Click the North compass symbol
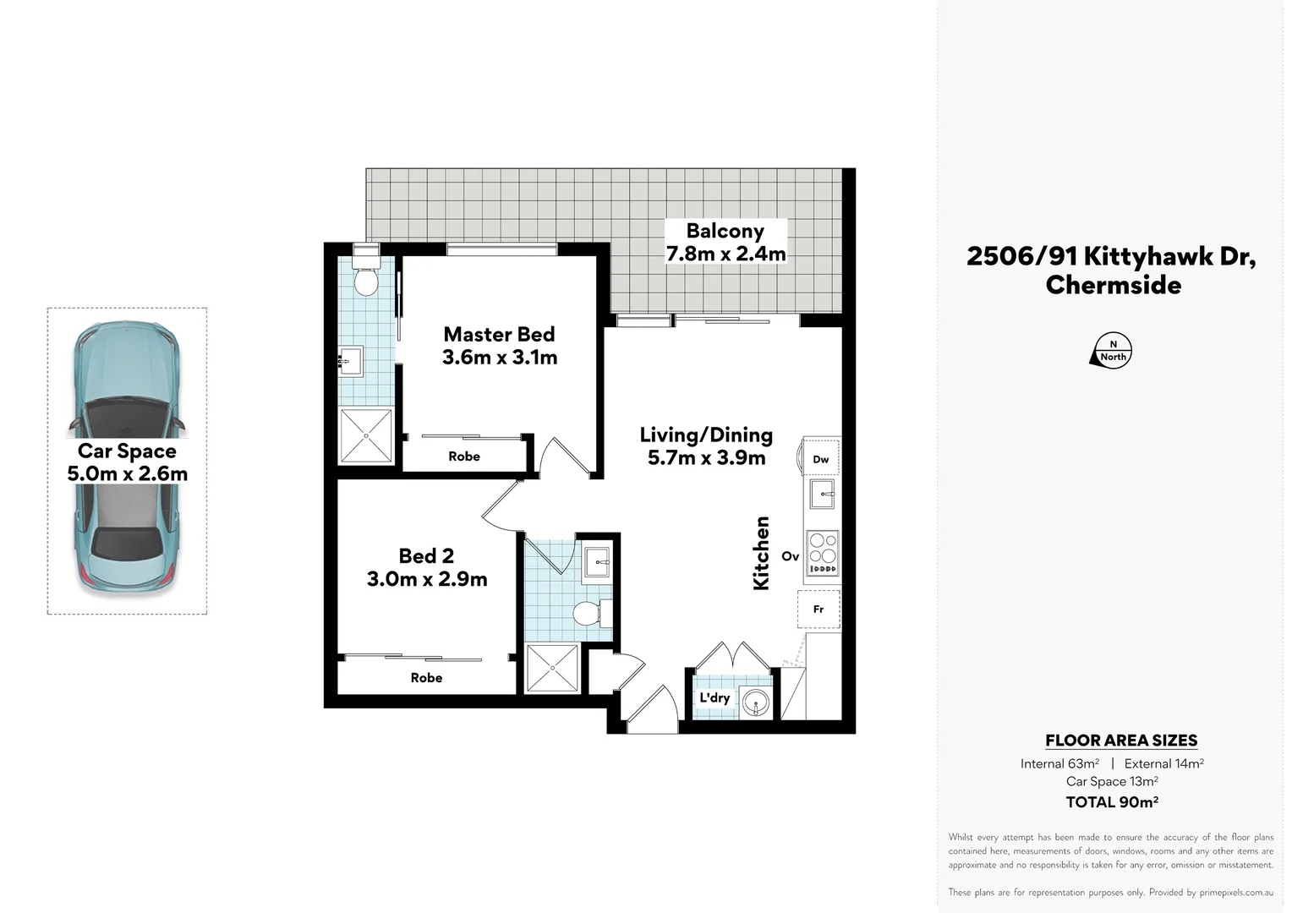[1112, 350]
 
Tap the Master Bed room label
[499, 335]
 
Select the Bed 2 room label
[426, 556]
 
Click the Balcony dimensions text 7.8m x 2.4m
[725, 254]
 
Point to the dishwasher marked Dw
[820, 459]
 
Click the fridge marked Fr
[818, 609]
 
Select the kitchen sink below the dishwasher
[822, 494]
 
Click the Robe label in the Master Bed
[464, 456]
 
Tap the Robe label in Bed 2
[426, 678]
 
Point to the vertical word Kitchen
[762, 553]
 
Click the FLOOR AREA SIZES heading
[1121, 741]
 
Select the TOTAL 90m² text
[1112, 802]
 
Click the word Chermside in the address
[1113, 285]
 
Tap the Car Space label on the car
[127, 451]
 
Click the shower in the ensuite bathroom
[366, 435]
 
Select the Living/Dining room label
[706, 435]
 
